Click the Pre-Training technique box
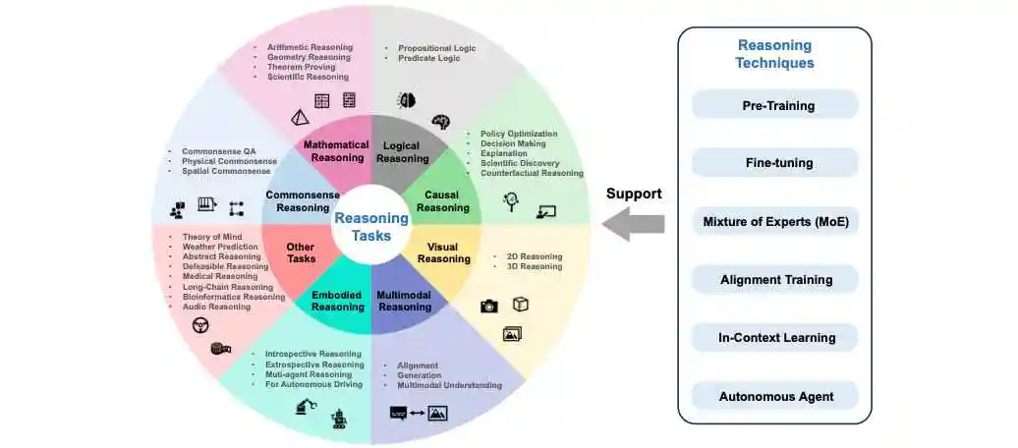[775, 105]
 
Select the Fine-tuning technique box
[775, 163]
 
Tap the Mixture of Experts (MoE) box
[775, 221]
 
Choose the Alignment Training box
[775, 280]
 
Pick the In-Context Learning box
[775, 338]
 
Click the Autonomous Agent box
[775, 396]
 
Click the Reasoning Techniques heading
[775, 54]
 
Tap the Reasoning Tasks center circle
[370, 226]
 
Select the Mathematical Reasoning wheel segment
[335, 150]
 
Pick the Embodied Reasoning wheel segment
[337, 301]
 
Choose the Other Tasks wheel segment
[301, 252]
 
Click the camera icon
[488, 307]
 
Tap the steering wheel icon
[200, 324]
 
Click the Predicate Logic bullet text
[430, 59]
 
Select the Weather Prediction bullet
[220, 247]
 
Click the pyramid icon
[300, 117]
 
